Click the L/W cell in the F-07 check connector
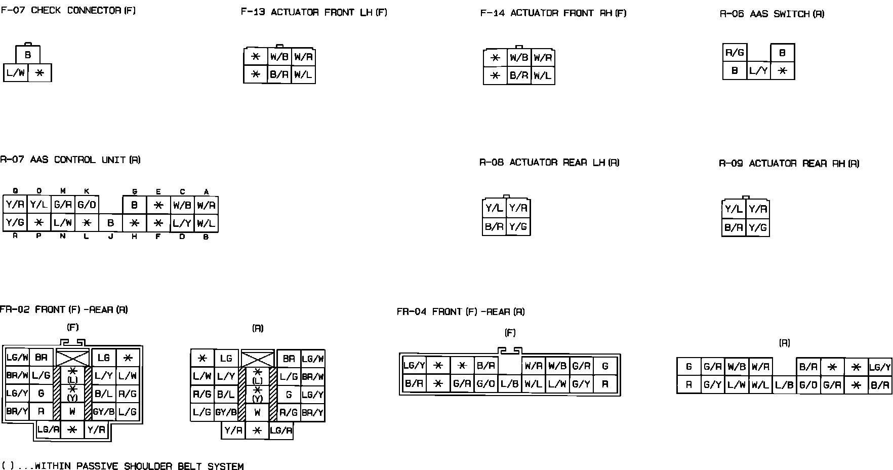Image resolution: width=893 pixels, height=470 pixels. point(16,73)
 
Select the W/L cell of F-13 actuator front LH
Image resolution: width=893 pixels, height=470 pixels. point(303,75)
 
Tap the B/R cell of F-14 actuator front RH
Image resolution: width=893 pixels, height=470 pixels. point(519,76)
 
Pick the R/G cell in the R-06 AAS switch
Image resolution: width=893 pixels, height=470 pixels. point(735,53)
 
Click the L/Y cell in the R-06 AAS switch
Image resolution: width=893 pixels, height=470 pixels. point(758,71)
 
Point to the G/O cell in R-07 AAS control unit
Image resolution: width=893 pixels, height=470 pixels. point(87,205)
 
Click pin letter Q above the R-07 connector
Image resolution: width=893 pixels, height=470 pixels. point(16,191)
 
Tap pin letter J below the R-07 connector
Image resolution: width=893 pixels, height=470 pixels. point(110,237)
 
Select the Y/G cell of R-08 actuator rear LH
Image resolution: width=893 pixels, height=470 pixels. point(518,226)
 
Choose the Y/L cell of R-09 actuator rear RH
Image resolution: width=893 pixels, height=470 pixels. point(734,209)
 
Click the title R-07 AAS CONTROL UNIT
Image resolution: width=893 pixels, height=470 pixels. point(70,160)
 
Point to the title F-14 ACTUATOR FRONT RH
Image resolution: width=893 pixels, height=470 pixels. point(553,13)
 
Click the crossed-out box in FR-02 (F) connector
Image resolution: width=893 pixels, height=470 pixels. point(72,358)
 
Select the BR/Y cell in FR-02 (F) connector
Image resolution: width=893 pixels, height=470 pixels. point(17,411)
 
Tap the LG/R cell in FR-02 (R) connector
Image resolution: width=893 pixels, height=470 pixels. point(281,430)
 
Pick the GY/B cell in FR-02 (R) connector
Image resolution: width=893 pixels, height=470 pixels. point(226,412)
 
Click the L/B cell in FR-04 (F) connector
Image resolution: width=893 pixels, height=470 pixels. point(509,384)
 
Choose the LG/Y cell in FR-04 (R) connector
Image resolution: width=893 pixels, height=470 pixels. point(880,367)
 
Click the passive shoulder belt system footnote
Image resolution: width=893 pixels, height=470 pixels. point(123,466)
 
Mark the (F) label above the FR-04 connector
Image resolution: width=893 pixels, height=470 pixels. point(510,333)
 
